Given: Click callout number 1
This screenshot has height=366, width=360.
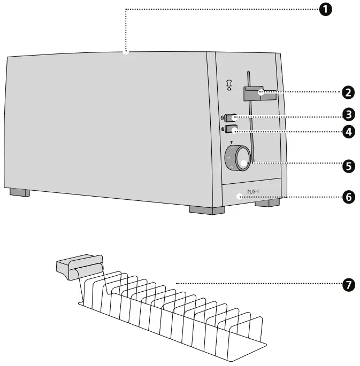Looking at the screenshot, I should (x=325, y=10).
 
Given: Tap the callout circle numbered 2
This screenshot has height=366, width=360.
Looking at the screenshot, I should (x=348, y=92).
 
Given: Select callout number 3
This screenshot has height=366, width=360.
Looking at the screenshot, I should (x=348, y=114).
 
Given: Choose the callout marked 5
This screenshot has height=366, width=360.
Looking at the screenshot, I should (x=348, y=166).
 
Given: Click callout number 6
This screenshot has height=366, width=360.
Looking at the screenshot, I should (x=348, y=197).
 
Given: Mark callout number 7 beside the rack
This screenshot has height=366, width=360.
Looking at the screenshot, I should (x=348, y=284).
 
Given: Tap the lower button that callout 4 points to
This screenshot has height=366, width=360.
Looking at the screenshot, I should (x=231, y=129).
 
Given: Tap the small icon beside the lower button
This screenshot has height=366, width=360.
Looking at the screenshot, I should (x=222, y=129).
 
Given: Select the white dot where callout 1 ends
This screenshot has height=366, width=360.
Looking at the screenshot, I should (x=125, y=52).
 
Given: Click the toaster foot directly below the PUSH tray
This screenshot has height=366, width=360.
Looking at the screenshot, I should (x=267, y=203).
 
